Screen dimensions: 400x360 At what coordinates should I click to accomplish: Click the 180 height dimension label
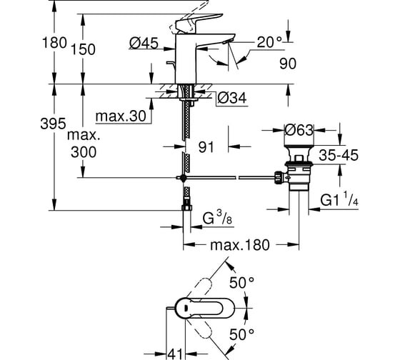tap(54, 43)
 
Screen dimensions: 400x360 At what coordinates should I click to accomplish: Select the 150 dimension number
tap(83, 49)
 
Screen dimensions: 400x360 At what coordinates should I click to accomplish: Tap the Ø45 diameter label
tap(144, 43)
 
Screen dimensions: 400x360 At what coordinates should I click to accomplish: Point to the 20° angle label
tap(269, 42)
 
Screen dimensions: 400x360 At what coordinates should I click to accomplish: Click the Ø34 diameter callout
tap(232, 98)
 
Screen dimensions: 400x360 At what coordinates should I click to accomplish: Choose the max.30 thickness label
tap(121, 116)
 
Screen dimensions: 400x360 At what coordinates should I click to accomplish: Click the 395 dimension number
tap(53, 124)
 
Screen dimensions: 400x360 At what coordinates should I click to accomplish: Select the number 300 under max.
tap(84, 152)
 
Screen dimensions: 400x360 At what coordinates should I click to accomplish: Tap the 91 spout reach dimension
tap(206, 147)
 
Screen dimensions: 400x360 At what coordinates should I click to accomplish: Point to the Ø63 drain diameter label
tap(299, 130)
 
